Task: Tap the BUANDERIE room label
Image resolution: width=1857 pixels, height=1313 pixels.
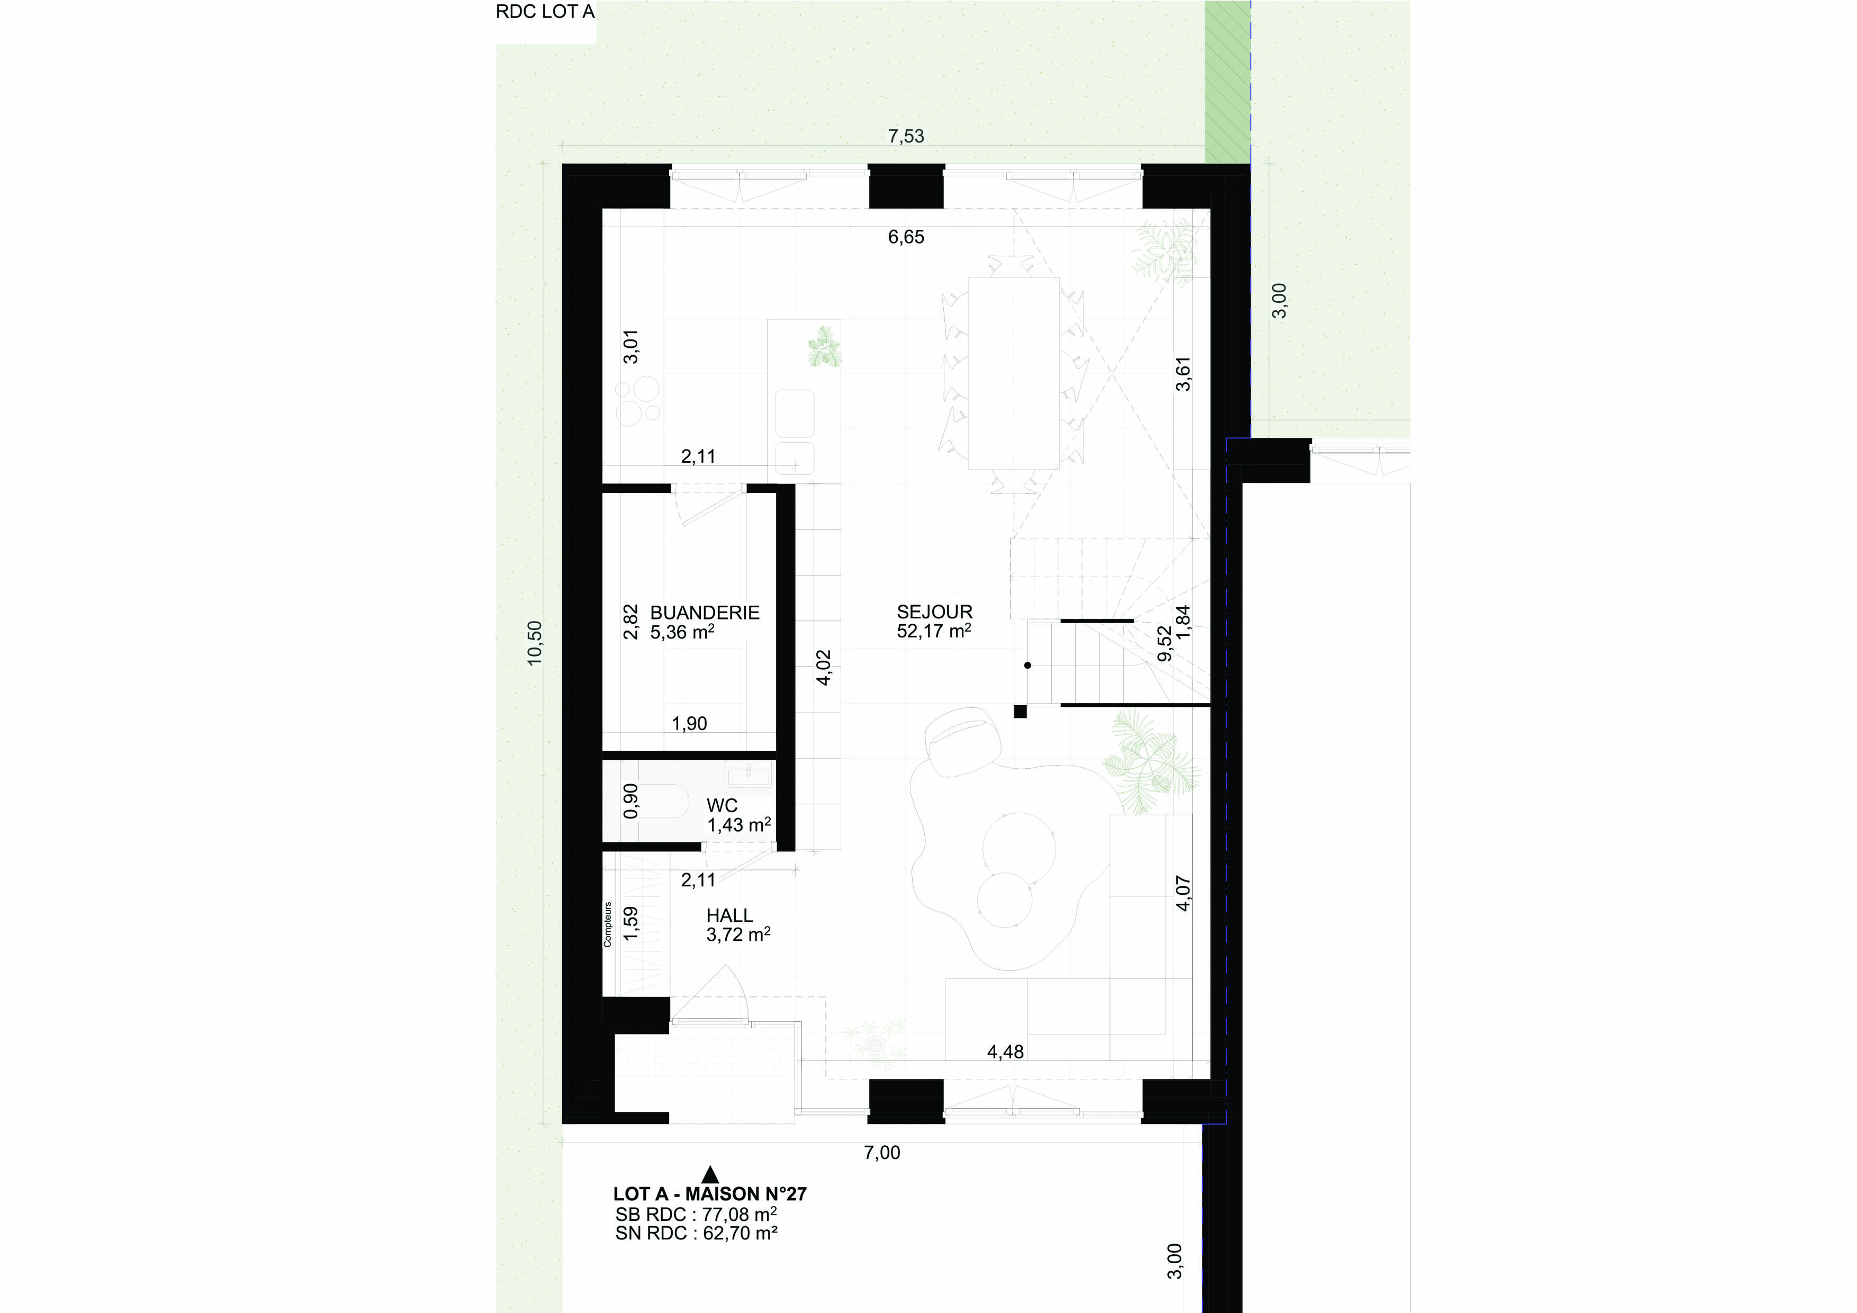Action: [705, 613]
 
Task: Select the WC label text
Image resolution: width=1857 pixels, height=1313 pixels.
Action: [722, 806]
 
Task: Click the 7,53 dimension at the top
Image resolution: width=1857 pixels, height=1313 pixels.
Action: [906, 136]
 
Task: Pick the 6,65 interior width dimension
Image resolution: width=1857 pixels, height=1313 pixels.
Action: [906, 237]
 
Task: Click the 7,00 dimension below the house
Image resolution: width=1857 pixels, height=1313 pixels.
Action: [881, 1152]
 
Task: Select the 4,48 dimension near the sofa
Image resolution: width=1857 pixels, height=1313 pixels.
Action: [1005, 1051]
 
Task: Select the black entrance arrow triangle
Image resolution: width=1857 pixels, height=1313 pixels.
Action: [710, 1174]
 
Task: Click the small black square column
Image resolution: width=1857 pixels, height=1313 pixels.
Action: [1021, 712]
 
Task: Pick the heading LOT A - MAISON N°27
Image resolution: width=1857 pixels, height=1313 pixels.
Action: [710, 1194]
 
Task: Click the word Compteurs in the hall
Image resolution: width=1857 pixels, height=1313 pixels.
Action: [607, 924]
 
